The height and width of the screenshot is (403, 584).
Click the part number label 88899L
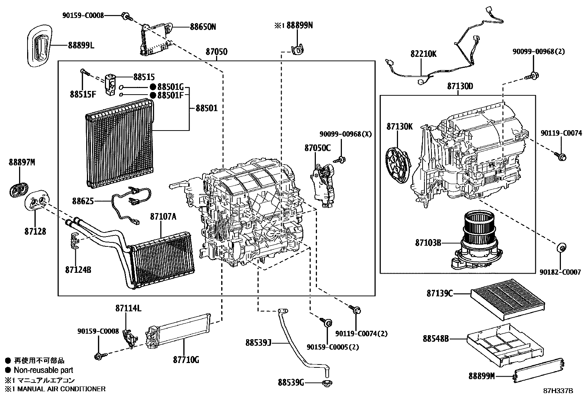(x=81, y=45)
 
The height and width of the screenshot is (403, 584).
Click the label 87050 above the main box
(x=216, y=52)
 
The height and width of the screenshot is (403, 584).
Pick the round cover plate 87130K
(x=398, y=164)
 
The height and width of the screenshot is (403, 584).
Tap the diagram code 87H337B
(x=558, y=391)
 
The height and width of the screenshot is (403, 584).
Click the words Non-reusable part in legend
(x=43, y=370)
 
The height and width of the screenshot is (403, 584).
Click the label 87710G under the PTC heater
(x=186, y=360)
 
